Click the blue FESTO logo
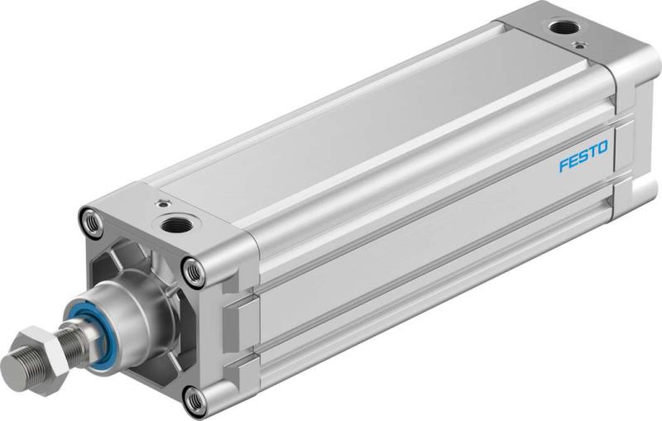click(583, 155)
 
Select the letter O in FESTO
click(602, 148)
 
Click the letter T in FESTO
click(592, 151)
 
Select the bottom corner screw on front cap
click(195, 400)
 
